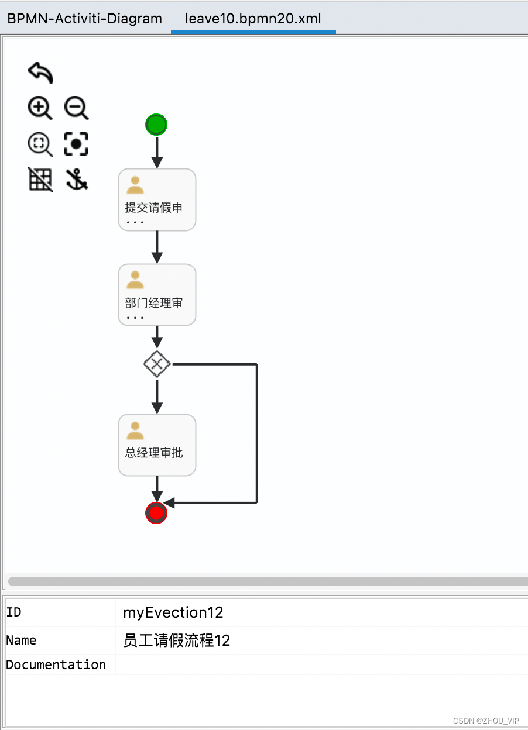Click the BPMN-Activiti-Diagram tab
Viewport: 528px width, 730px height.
pos(84,18)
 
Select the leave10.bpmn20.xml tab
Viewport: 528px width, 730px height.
pos(253,18)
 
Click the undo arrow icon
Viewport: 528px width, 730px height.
pos(40,73)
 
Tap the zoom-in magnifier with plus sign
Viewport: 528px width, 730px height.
pos(40,109)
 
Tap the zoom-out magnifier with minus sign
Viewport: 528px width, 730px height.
pos(76,109)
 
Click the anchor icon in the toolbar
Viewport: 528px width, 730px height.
pos(76,180)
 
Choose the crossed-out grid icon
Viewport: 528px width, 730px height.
pos(40,180)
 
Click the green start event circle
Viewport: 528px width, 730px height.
pos(156,125)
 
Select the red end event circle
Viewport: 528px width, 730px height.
pos(156,513)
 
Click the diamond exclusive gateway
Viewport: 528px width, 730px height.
pos(157,364)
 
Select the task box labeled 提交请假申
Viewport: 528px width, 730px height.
pos(157,200)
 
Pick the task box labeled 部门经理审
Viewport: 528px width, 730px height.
pos(157,295)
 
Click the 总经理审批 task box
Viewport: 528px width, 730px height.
pos(157,445)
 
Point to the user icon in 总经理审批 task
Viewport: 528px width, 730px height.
pos(135,431)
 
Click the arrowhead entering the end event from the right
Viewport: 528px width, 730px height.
pos(169,503)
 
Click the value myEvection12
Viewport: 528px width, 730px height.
pos(173,613)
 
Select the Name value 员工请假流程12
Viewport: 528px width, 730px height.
pos(177,641)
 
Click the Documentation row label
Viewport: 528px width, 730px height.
pos(56,665)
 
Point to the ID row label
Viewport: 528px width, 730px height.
pos(14,612)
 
